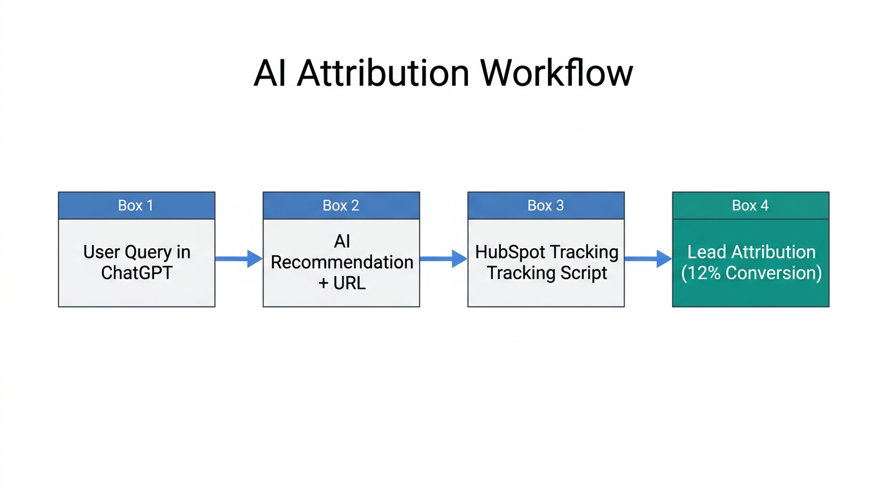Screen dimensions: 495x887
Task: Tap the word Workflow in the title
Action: (556, 73)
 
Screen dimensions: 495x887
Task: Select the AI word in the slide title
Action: (270, 73)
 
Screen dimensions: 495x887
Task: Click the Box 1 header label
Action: (136, 206)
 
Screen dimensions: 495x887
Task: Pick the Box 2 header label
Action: (341, 206)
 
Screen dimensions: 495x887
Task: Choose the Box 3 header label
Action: (545, 206)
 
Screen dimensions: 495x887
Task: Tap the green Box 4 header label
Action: (750, 206)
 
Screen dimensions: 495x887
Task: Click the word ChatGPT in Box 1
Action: (137, 273)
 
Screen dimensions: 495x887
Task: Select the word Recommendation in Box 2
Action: (342, 262)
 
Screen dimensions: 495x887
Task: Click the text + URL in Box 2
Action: (342, 283)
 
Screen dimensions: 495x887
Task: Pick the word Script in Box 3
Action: (583, 273)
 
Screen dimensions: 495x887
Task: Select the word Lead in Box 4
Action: (707, 252)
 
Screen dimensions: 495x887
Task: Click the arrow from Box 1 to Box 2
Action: (239, 259)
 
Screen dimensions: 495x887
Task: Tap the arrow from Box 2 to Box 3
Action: (443, 259)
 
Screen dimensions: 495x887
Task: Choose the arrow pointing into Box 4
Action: (648, 259)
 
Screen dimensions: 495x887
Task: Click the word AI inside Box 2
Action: (342, 242)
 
